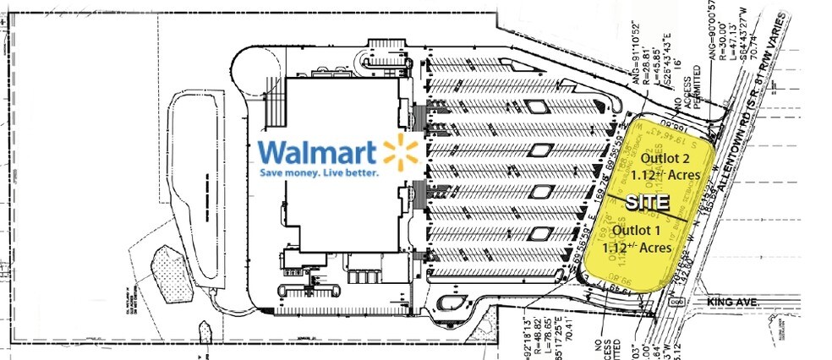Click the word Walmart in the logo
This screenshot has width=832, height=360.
318,152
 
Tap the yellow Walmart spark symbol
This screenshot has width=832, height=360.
401,152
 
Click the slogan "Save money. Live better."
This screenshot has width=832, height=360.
320,172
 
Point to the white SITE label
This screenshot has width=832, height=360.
647,203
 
